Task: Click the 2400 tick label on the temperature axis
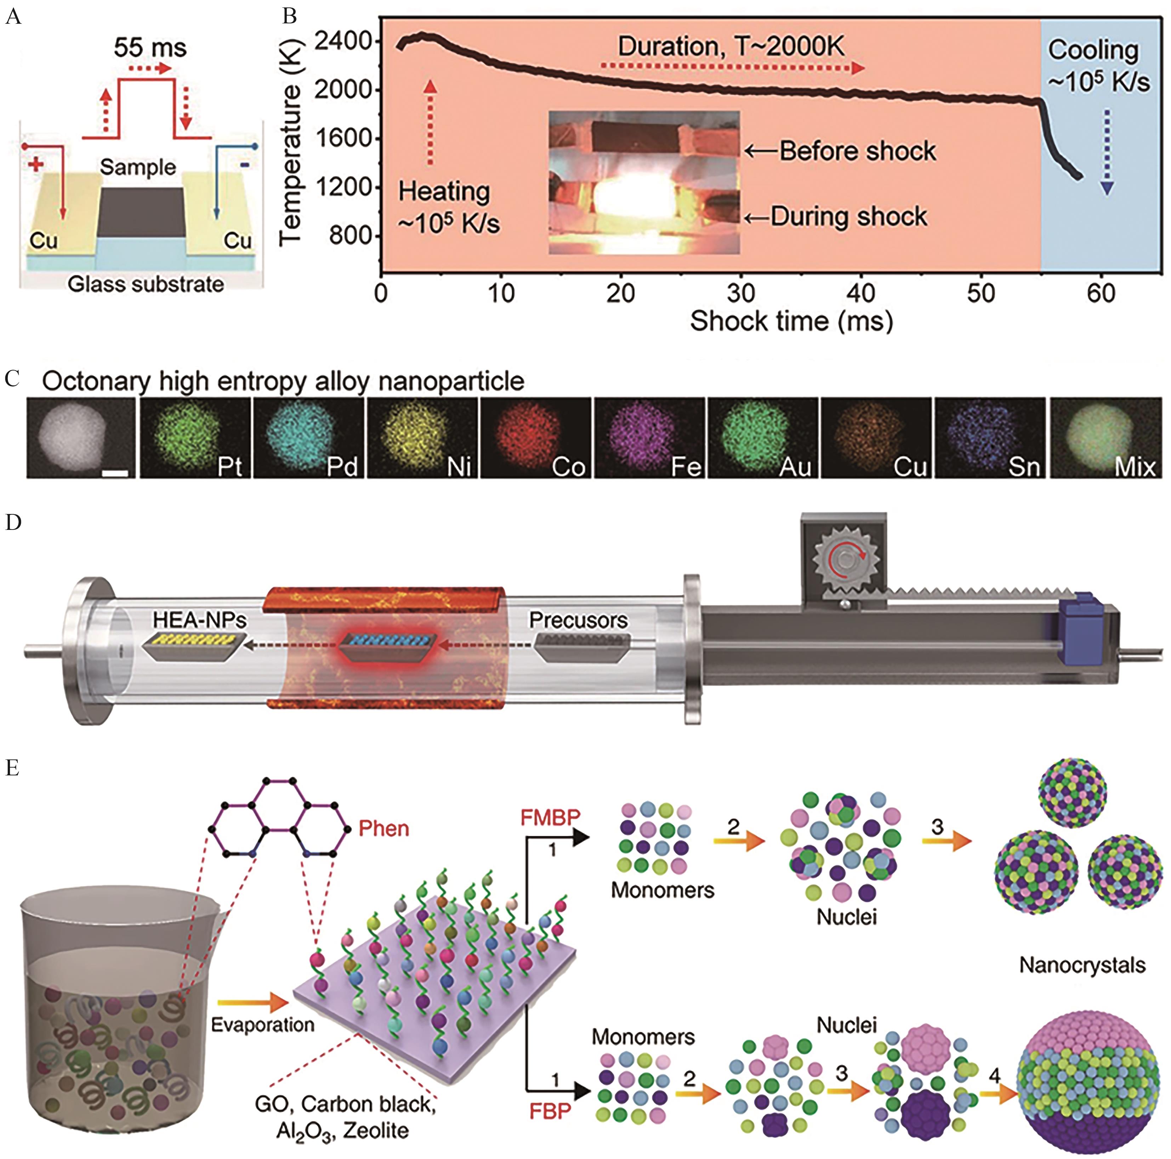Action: click(342, 41)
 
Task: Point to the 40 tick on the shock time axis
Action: click(861, 293)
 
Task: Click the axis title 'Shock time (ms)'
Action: click(791, 321)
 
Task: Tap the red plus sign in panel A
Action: click(36, 164)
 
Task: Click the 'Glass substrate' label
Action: click(146, 284)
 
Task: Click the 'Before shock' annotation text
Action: click(858, 151)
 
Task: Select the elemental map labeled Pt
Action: click(195, 438)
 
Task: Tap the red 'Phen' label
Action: click(384, 829)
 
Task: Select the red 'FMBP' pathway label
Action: click(550, 818)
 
